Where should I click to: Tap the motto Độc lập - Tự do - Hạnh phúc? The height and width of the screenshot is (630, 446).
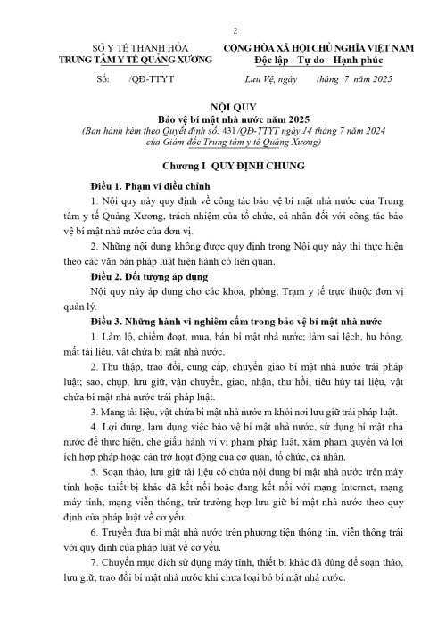(x=320, y=59)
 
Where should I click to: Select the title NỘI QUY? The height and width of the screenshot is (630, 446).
(x=228, y=105)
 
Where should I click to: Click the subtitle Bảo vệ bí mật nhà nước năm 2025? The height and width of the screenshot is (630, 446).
(x=228, y=118)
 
